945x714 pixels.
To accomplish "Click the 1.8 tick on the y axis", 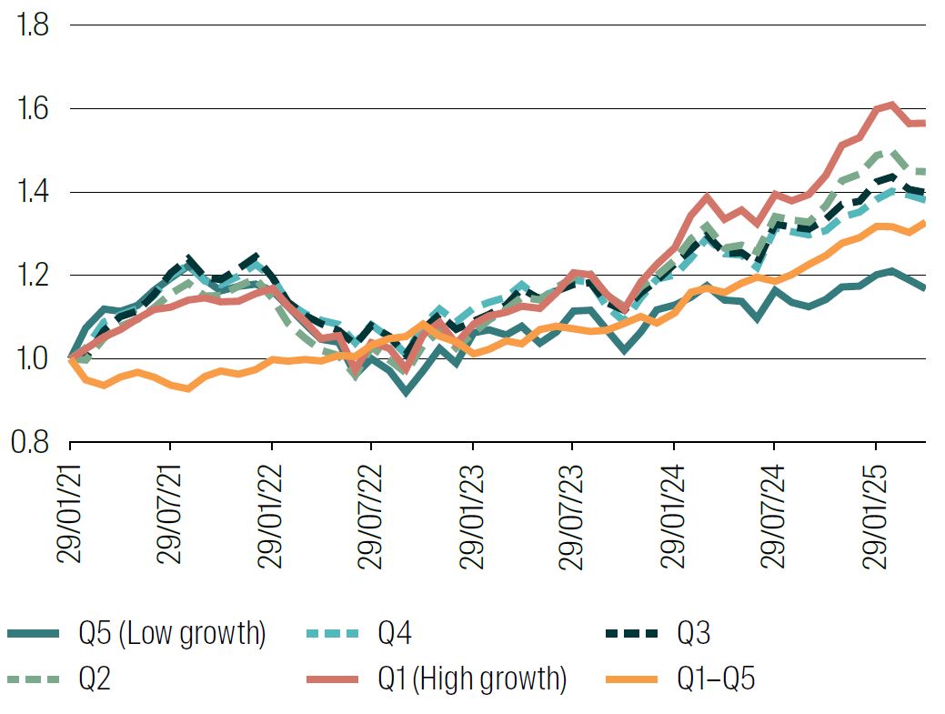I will coord(31,25).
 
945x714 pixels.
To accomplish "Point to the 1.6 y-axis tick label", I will coord(31,108).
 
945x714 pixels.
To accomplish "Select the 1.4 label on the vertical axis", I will coord(31,192).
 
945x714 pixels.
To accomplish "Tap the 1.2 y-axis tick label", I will coord(31,275).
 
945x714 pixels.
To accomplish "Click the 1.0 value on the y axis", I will coord(31,358).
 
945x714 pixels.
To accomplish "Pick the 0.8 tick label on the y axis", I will coord(31,442).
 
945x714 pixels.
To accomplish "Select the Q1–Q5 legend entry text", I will coord(716,679).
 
